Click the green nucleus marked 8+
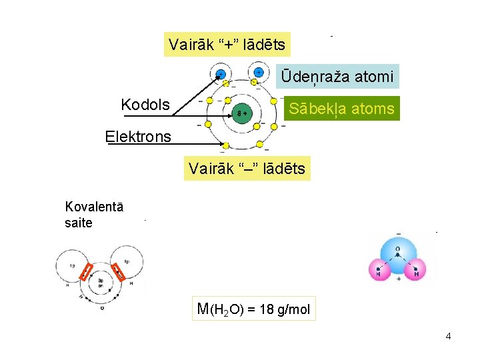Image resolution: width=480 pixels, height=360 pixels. click(241, 113)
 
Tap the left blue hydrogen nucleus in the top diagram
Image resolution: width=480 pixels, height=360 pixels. click(219, 73)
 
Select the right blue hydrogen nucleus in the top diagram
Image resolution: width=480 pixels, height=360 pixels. click(257, 72)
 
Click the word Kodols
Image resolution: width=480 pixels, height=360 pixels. click(145, 105)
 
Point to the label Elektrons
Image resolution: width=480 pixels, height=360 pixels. click(138, 137)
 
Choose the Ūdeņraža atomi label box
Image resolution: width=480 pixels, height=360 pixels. click(337, 77)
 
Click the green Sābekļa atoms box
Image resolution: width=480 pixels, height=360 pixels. click(341, 108)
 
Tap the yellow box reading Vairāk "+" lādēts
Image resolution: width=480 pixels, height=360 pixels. click(227, 45)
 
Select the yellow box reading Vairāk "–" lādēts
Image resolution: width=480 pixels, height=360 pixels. click(247, 169)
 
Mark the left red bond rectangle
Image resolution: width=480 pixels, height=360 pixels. click(85, 272)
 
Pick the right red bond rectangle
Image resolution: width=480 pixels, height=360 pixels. click(118, 272)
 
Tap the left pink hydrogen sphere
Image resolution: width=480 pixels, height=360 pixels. click(379, 270)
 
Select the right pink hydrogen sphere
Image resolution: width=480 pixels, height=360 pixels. click(417, 270)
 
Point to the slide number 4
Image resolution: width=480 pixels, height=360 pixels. click(448, 336)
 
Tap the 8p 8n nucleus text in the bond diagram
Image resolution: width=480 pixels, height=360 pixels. click(101, 283)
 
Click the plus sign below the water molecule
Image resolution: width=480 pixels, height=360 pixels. click(398, 279)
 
